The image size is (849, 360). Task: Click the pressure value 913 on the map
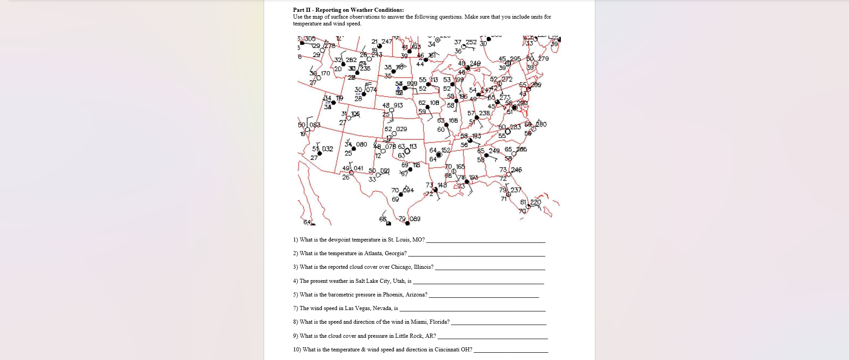point(398,105)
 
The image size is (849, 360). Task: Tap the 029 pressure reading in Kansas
point(402,129)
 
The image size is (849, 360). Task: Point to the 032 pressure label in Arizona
point(328,149)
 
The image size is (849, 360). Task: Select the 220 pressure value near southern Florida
point(535,202)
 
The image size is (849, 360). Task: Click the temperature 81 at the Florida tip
point(524,202)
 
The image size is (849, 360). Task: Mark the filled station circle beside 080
point(353,149)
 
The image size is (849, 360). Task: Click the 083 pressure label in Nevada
point(315,125)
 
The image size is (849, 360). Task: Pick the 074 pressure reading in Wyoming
point(372,90)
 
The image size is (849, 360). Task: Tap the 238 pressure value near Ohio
point(485,113)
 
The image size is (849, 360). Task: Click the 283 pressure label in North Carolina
point(515,127)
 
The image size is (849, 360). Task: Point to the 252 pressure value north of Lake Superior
point(471,42)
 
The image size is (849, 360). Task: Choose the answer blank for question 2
point(476,254)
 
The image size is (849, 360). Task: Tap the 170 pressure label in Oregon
point(325,74)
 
